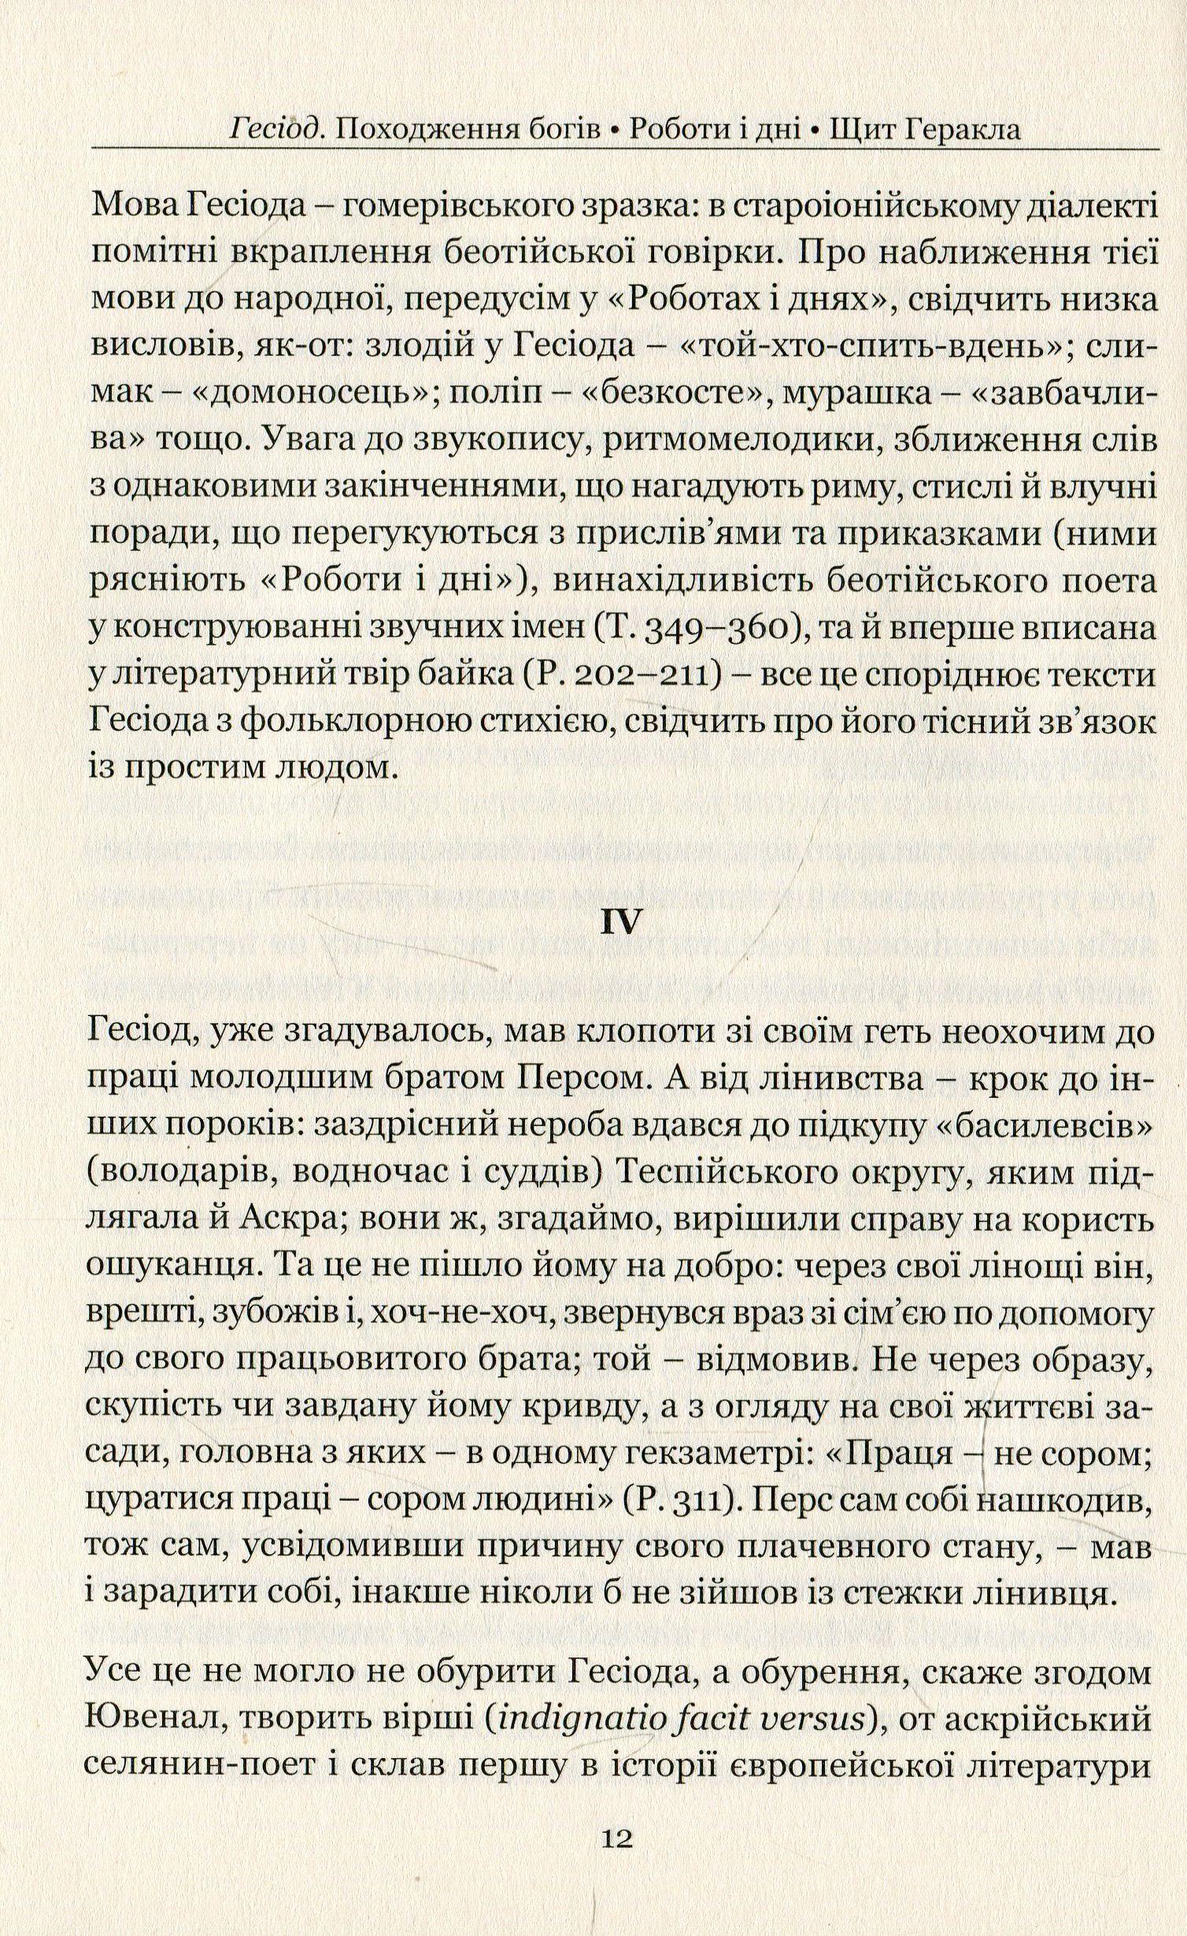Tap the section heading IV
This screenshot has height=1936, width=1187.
[x=622, y=922]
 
